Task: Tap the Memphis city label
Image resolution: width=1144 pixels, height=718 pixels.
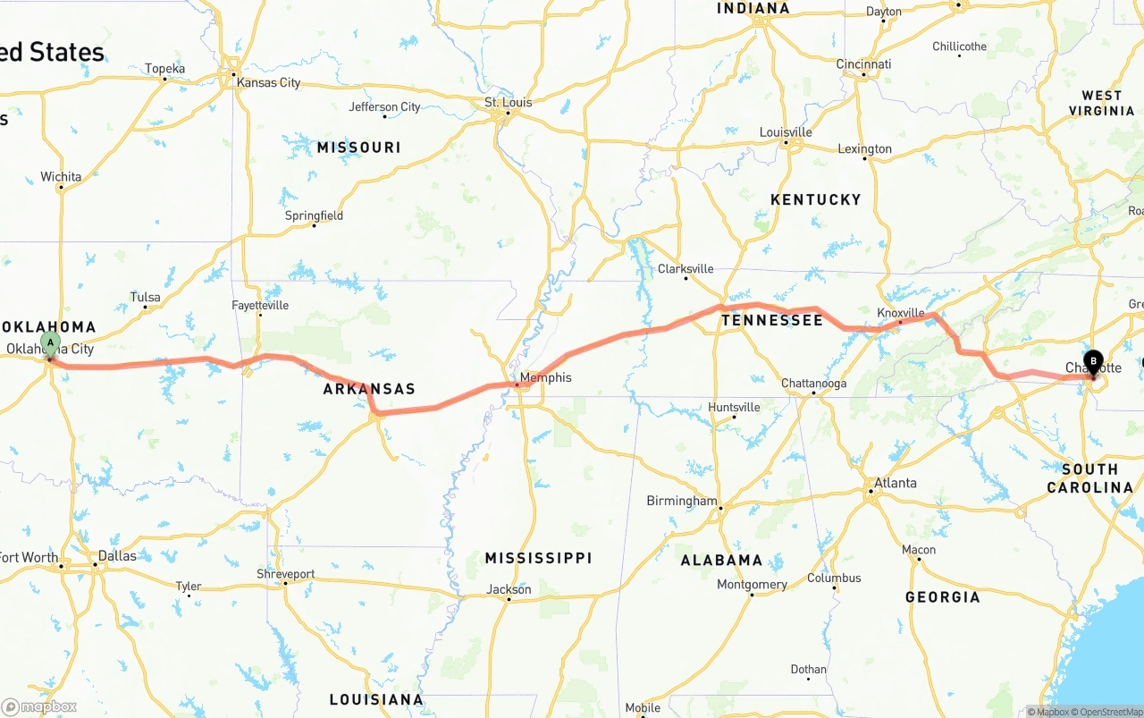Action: (545, 377)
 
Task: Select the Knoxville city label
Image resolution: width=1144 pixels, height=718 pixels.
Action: (900, 313)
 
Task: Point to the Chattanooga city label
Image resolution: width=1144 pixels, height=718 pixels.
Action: (813, 384)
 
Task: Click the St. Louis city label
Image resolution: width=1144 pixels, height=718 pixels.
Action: (508, 103)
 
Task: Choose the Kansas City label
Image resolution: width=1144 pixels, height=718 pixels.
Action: (268, 82)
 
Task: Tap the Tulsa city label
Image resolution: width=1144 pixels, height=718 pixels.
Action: (145, 297)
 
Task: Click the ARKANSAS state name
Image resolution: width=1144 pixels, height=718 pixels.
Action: (369, 389)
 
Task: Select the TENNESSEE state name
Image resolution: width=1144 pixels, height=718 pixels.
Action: (772, 320)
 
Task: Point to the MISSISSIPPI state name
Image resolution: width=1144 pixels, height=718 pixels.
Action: (538, 558)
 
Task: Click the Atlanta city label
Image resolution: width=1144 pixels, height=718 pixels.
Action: (895, 483)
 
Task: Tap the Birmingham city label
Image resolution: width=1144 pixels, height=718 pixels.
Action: (681, 501)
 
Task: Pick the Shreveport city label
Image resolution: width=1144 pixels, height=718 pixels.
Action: (285, 574)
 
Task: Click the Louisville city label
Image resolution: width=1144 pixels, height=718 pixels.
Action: (786, 132)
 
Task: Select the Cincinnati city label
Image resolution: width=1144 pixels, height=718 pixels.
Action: (863, 64)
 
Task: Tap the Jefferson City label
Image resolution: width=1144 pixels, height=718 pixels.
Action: (384, 107)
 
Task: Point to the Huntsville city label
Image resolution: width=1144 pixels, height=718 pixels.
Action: (734, 408)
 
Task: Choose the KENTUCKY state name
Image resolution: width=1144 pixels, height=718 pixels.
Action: (815, 199)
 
